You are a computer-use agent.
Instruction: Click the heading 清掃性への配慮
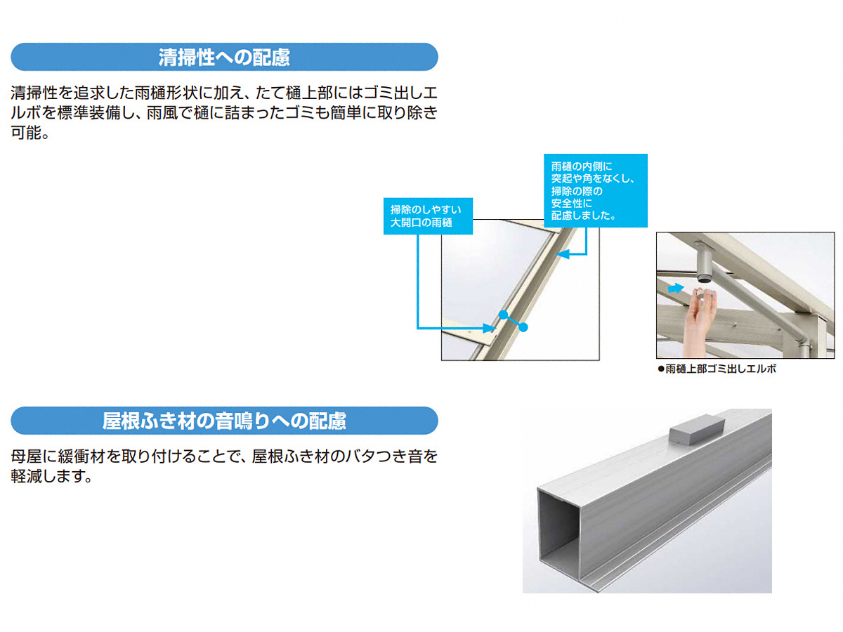[224, 57]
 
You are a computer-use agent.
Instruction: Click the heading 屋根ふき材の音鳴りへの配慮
[224, 421]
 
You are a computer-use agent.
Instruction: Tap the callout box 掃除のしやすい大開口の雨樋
[428, 216]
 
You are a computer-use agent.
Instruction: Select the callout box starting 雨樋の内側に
[595, 190]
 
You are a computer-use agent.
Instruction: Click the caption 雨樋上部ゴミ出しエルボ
[721, 369]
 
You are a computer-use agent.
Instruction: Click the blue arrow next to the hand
[676, 288]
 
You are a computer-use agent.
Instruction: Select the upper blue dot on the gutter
[503, 315]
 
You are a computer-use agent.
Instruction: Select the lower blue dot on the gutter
[523, 327]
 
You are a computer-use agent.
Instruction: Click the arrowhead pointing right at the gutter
[489, 328]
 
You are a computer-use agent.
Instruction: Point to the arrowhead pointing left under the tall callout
[562, 254]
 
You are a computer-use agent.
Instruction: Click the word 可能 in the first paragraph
[26, 133]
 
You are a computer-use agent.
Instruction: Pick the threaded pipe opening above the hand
[705, 278]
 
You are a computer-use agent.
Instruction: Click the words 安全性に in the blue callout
[571, 203]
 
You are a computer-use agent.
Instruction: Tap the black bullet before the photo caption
[661, 369]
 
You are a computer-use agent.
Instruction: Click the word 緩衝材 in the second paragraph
[81, 456]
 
